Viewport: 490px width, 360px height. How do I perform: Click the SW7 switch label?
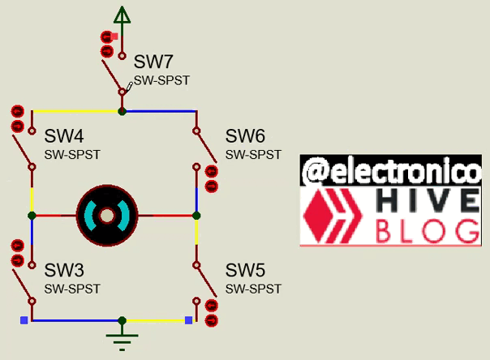click(153, 62)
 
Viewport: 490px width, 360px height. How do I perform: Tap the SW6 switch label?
click(245, 135)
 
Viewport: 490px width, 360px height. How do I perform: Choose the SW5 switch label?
click(245, 270)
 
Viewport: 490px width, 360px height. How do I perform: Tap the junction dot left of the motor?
click(32, 216)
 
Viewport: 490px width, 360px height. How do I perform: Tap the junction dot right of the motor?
click(196, 216)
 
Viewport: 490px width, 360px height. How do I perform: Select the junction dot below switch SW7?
click(122, 111)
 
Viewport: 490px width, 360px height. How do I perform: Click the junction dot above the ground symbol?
click(122, 320)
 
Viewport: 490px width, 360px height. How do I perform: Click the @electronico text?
click(390, 171)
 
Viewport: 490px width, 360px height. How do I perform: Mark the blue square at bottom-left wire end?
click(24, 320)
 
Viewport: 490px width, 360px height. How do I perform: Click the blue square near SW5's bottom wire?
click(188, 320)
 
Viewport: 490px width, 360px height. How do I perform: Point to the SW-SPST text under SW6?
click(253, 154)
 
